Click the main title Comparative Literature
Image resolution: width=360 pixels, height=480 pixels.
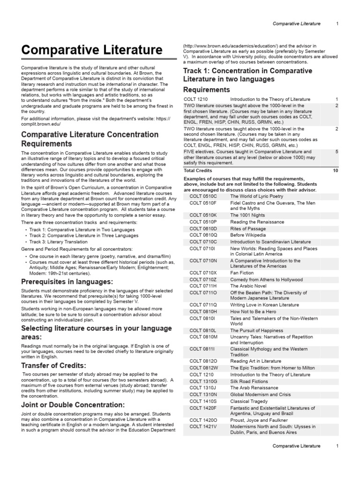pos(92,50)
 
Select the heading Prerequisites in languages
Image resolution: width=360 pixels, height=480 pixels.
pos(67,282)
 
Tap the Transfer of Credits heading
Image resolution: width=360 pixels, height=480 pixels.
pos(54,365)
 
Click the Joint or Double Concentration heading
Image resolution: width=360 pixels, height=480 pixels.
pos(73,405)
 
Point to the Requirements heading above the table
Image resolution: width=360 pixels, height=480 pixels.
pos(206,90)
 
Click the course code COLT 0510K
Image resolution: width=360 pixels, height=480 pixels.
pos(203,215)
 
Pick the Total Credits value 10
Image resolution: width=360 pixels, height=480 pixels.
pos(335,171)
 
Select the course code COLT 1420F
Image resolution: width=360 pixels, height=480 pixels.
pos(203,408)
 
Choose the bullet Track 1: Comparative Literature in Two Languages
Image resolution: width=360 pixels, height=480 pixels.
pos(82,230)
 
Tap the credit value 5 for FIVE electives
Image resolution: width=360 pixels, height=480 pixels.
pos(337,152)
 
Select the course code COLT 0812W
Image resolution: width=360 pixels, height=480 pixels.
pos(203,368)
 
